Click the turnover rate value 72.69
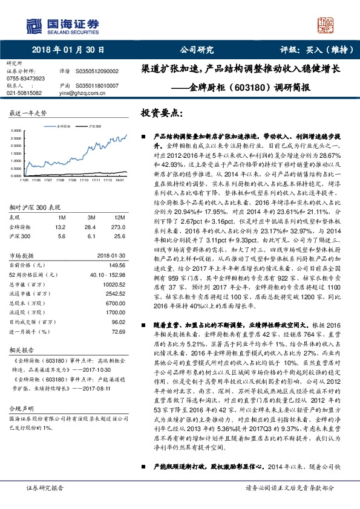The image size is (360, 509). (x=119, y=332)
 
